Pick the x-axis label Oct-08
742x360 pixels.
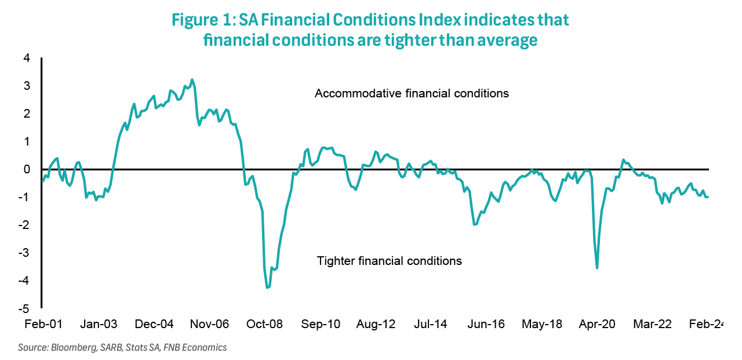264,324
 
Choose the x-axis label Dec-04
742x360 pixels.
154,324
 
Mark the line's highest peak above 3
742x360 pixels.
192,80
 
